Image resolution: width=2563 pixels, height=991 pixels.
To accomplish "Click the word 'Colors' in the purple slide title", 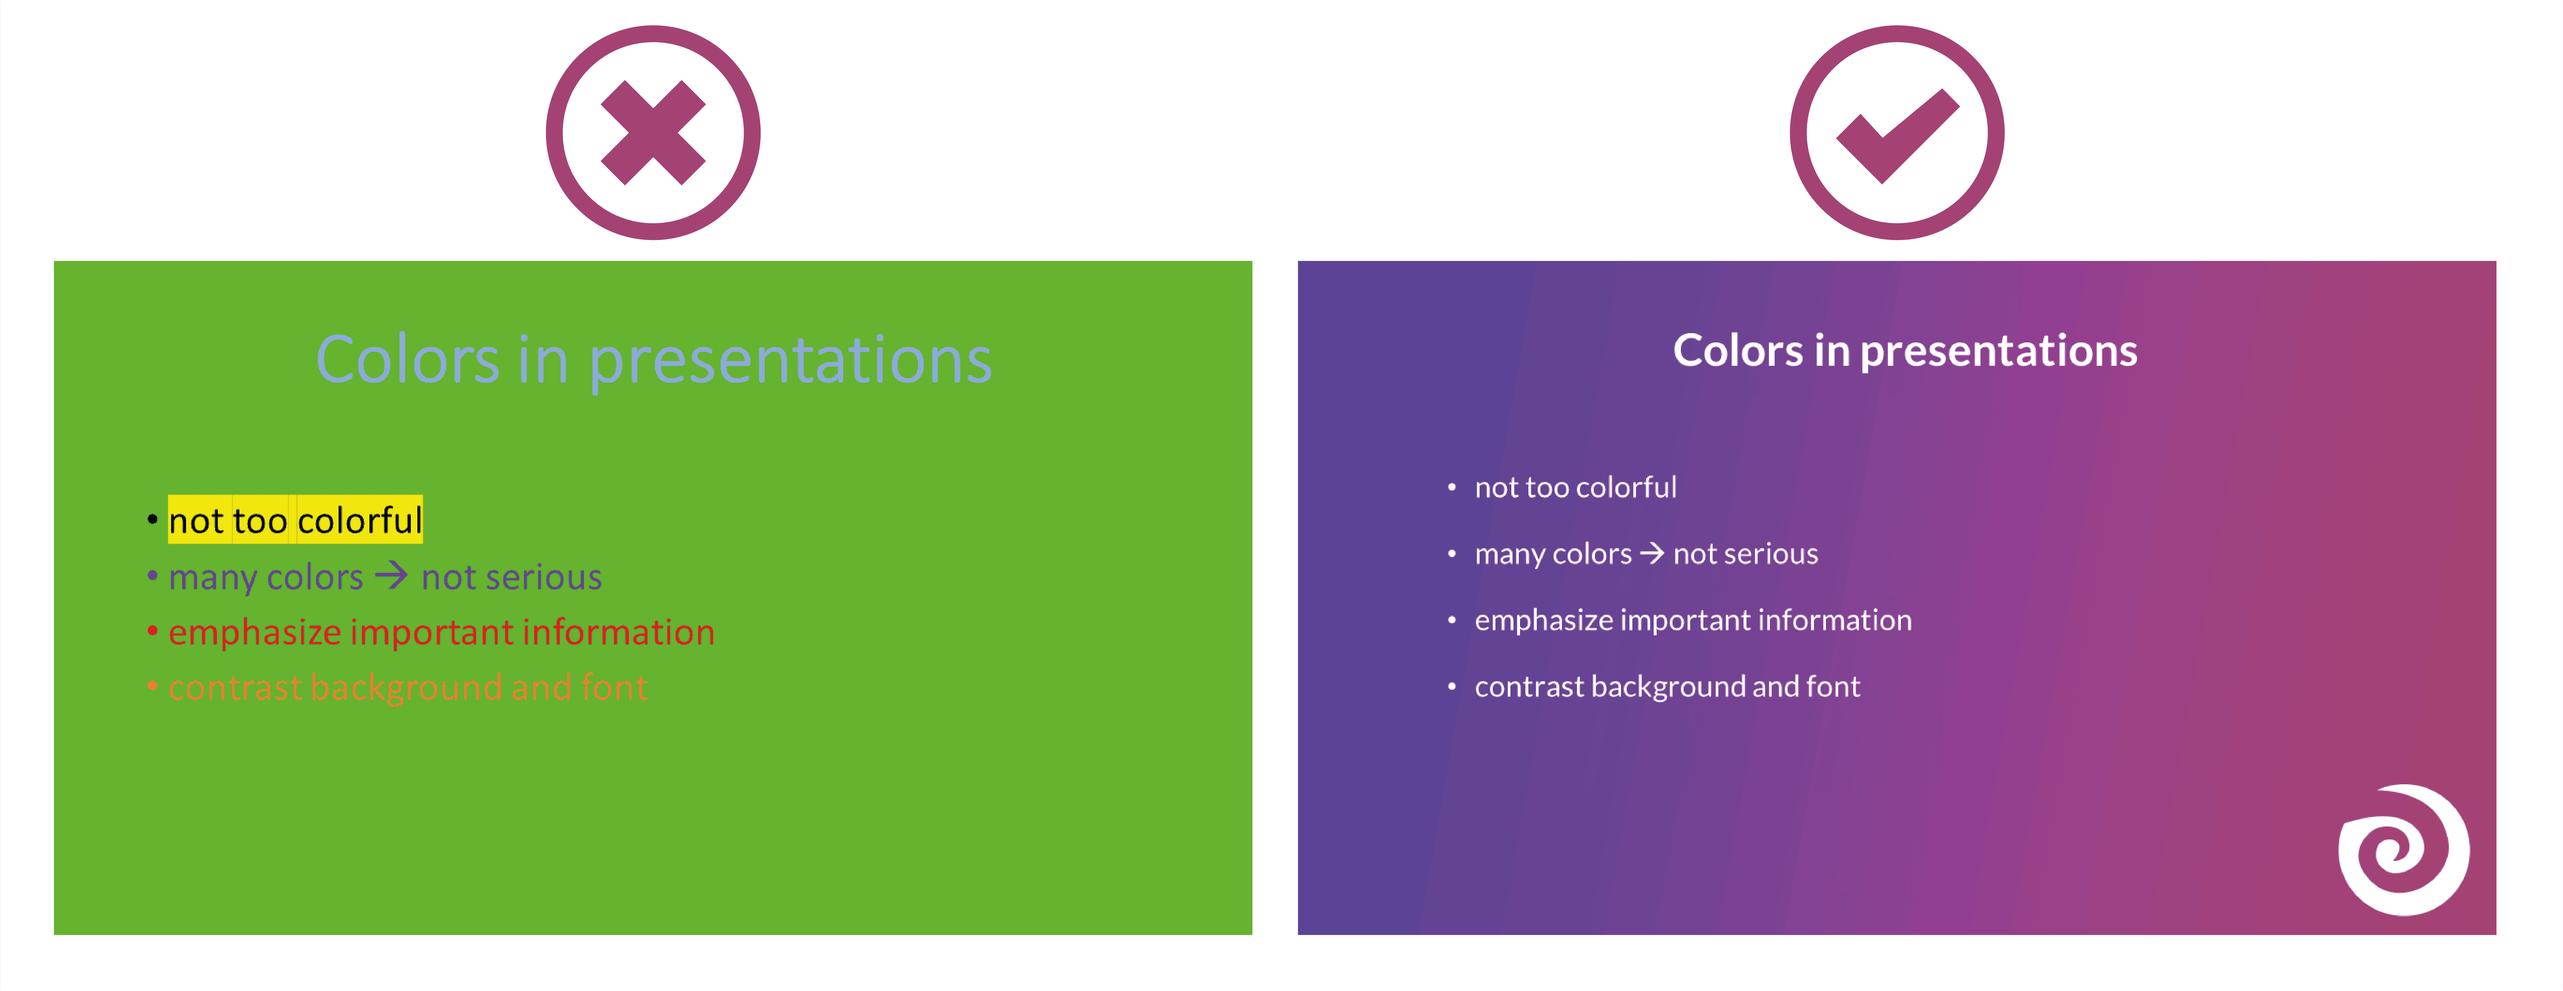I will point(1737,351).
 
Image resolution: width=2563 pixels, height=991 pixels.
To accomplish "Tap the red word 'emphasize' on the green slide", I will point(255,633).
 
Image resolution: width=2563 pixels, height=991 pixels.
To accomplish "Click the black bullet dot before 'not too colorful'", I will point(152,518).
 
